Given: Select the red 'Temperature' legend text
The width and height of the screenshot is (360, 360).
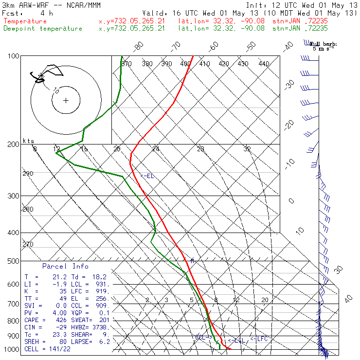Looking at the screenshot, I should point(25,21).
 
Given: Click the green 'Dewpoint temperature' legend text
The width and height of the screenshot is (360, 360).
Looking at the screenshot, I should point(43,28).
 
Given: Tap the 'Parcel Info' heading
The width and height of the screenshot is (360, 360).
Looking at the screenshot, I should point(65,266).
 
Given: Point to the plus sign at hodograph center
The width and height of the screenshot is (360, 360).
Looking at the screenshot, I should point(66,100).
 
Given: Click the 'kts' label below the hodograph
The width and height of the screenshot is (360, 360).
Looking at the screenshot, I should point(29,141).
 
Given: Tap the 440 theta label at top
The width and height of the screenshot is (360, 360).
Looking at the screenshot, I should point(264,64).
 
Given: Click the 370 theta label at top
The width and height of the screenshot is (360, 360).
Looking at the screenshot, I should point(126,64).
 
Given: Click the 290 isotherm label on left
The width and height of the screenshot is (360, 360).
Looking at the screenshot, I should point(28,174).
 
